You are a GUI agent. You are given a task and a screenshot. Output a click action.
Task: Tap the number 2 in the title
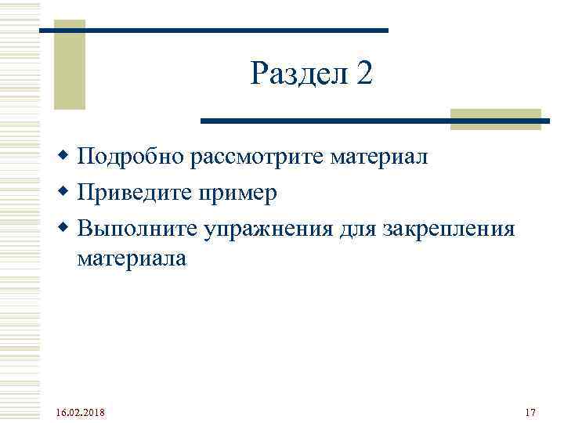point(363,74)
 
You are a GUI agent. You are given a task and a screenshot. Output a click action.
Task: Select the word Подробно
point(132,159)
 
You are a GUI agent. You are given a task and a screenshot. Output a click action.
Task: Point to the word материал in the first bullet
point(379,159)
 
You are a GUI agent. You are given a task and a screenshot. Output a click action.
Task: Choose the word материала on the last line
point(132,258)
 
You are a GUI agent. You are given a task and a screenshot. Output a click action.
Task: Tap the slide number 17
point(530,412)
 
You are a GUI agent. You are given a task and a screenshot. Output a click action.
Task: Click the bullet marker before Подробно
point(66,157)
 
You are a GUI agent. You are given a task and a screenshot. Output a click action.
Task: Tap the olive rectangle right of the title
point(495,119)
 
